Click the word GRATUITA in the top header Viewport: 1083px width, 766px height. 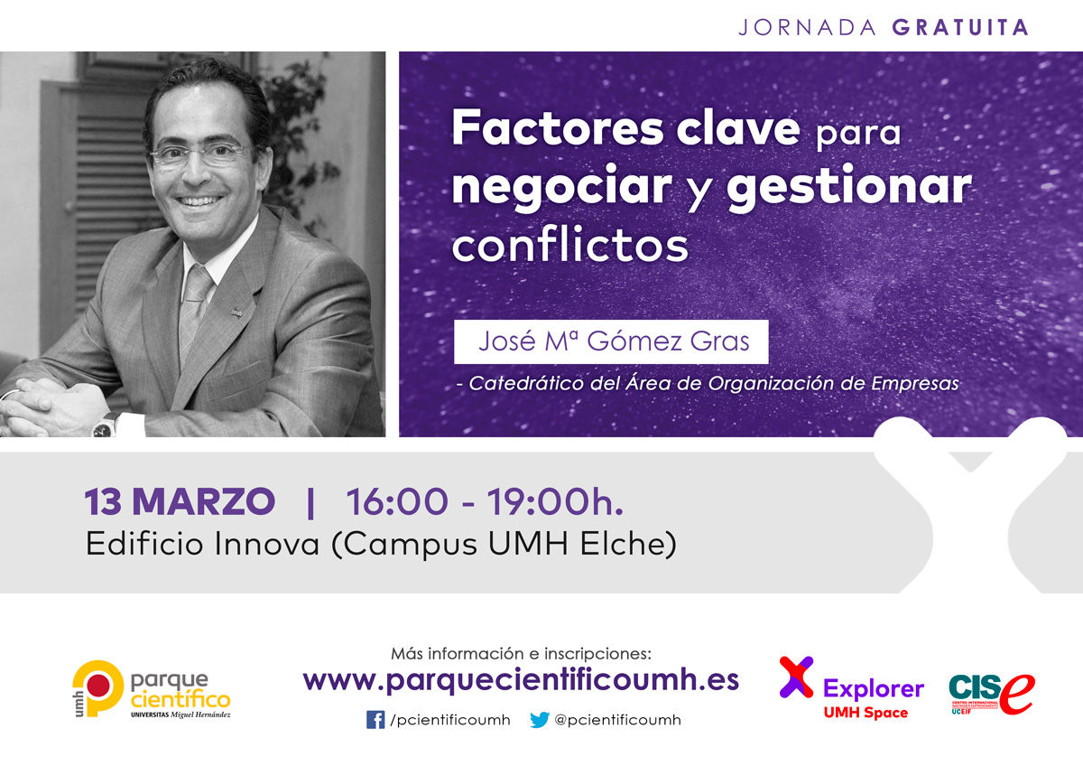click(960, 27)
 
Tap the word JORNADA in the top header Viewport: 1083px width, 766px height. click(808, 28)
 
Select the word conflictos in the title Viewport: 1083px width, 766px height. click(570, 246)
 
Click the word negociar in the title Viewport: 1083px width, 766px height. click(561, 187)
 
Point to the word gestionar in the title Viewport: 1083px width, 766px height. click(849, 189)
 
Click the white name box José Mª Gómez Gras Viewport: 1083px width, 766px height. click(611, 341)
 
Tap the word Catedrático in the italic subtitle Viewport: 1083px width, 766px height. click(526, 383)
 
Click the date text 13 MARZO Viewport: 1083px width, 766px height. click(180, 501)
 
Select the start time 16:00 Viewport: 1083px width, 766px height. click(397, 501)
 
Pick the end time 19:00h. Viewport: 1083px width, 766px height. click(554, 501)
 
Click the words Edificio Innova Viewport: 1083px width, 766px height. click(202, 544)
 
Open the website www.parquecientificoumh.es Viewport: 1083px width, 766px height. click(521, 680)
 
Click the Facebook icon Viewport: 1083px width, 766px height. click(375, 720)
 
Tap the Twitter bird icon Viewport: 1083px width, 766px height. click(540, 720)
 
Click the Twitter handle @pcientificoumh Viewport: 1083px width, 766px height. click(617, 720)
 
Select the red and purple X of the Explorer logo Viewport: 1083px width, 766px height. click(796, 677)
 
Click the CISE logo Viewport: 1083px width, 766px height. click(992, 694)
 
